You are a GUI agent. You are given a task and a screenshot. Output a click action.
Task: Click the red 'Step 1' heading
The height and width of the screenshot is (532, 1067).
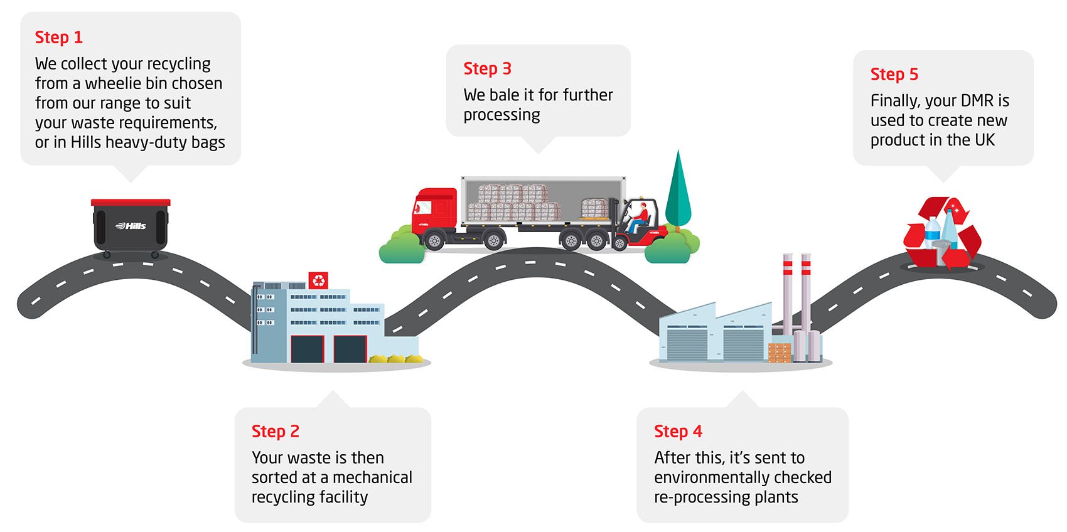pyautogui.click(x=58, y=38)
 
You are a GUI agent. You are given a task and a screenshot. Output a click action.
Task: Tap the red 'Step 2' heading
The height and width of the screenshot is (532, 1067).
pyautogui.click(x=275, y=432)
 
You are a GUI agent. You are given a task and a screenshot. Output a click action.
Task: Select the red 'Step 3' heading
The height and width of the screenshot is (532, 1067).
pyautogui.click(x=487, y=69)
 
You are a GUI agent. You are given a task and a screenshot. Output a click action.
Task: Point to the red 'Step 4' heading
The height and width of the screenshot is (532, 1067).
pyautogui.click(x=678, y=432)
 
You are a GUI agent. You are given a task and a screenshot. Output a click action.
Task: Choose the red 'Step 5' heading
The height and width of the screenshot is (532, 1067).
pyautogui.click(x=894, y=75)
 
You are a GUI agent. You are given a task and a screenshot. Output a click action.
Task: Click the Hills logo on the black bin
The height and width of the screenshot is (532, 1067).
pyautogui.click(x=131, y=226)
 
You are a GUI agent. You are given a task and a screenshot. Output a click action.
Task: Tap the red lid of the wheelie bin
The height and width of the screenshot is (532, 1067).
pyautogui.click(x=131, y=203)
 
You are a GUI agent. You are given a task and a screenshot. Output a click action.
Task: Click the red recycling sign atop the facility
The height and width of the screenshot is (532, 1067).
pyautogui.click(x=318, y=280)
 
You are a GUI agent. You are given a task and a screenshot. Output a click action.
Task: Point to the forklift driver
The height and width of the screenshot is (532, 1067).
pyautogui.click(x=639, y=216)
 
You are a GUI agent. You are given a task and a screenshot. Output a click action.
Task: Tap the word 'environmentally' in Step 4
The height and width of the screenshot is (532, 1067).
pyautogui.click(x=711, y=477)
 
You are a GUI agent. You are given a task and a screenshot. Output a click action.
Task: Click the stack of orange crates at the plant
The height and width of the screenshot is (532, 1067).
pyautogui.click(x=780, y=353)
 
